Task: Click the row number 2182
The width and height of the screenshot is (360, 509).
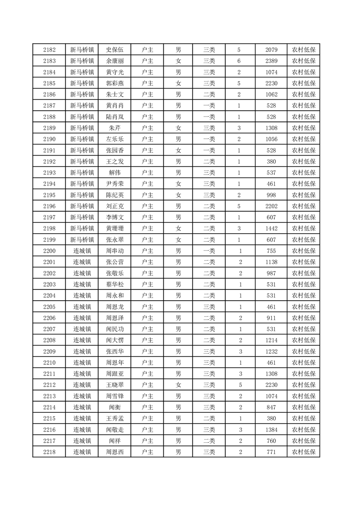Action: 49,50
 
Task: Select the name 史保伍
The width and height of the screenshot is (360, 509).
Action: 114,50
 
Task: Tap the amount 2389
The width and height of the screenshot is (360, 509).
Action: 271,61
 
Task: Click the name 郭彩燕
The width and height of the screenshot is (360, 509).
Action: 114,83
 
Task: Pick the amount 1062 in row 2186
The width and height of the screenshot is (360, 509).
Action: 271,94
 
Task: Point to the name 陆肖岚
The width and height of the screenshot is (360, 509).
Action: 114,117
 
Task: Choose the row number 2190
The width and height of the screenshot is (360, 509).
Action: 49,139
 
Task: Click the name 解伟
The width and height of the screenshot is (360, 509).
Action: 114,172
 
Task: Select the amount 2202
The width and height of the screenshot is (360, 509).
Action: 271,206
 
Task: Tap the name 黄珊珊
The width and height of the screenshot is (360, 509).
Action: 114,228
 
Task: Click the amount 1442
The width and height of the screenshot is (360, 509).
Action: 271,228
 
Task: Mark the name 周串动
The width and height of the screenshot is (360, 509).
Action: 114,251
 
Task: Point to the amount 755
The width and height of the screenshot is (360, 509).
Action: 271,251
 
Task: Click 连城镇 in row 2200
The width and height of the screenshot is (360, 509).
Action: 82,251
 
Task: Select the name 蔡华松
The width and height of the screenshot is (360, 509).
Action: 114,284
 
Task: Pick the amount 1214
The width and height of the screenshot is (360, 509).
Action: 271,340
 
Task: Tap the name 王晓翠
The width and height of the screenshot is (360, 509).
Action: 114,385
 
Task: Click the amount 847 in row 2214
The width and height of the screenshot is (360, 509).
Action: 271,407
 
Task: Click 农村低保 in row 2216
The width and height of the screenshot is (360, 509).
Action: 303,429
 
